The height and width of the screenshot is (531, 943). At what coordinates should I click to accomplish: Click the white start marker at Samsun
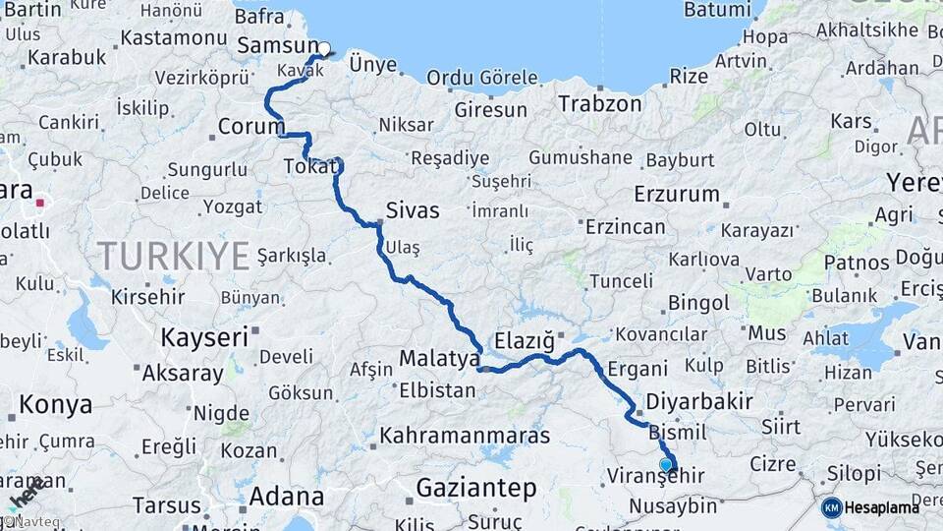pyautogui.click(x=324, y=48)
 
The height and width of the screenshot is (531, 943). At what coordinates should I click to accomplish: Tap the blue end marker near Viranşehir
pyautogui.click(x=666, y=464)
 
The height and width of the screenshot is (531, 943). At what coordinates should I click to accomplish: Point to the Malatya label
pyautogui.click(x=438, y=359)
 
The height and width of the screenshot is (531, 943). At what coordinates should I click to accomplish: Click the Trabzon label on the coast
pyautogui.click(x=600, y=102)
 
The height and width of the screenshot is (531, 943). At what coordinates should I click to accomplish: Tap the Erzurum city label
pyautogui.click(x=677, y=193)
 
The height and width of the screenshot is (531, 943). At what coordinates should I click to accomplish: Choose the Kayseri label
pyautogui.click(x=204, y=336)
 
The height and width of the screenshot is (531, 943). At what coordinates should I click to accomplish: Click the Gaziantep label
pyautogui.click(x=476, y=488)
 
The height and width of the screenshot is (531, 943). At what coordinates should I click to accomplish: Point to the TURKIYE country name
pyautogui.click(x=174, y=256)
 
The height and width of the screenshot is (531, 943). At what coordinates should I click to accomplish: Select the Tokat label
pyautogui.click(x=309, y=167)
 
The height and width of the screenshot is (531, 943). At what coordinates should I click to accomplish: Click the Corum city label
pyautogui.click(x=250, y=127)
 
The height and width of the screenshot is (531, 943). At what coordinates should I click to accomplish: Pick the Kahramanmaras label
pyautogui.click(x=470, y=434)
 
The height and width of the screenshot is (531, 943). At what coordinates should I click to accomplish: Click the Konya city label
pyautogui.click(x=56, y=404)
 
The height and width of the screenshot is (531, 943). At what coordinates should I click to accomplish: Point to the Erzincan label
pyautogui.click(x=625, y=227)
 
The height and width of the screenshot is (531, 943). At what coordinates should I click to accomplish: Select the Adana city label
pyautogui.click(x=286, y=496)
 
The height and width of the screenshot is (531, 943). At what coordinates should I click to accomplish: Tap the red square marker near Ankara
pyautogui.click(x=40, y=204)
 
